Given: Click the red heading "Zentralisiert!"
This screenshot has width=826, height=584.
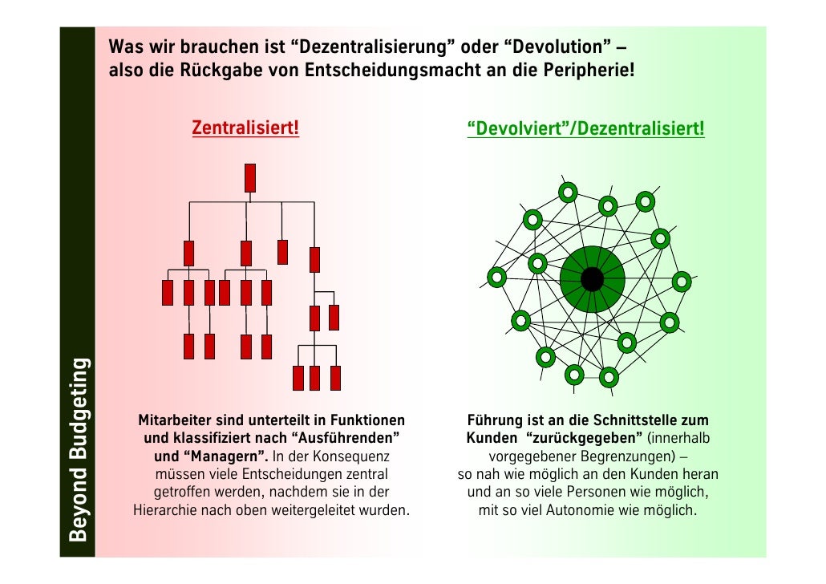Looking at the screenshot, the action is tap(245, 128).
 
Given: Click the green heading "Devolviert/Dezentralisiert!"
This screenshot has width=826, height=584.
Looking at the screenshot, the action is tap(585, 129).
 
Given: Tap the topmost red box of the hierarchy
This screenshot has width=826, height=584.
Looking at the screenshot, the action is tap(250, 177).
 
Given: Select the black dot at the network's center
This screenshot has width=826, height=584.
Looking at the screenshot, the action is tap(592, 279).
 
